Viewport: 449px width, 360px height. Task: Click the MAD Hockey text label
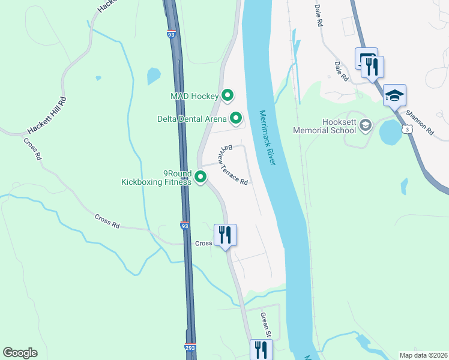pyautogui.click(x=196, y=96)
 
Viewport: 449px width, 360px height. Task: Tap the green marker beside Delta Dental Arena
pyautogui.click(x=236, y=118)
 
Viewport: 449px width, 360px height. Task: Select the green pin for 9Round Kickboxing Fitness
pyautogui.click(x=200, y=176)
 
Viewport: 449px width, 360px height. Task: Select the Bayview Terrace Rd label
pyautogui.click(x=234, y=164)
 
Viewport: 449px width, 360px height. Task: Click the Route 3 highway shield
pyautogui.click(x=408, y=128)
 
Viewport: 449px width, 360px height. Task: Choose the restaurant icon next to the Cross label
pyautogui.click(x=226, y=235)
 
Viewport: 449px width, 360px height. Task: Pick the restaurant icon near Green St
pyautogui.click(x=261, y=349)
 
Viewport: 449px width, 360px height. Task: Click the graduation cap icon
pyautogui.click(x=395, y=95)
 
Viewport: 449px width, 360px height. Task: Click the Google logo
pyautogui.click(x=20, y=353)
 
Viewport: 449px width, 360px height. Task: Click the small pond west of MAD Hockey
pyautogui.click(x=154, y=76)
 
